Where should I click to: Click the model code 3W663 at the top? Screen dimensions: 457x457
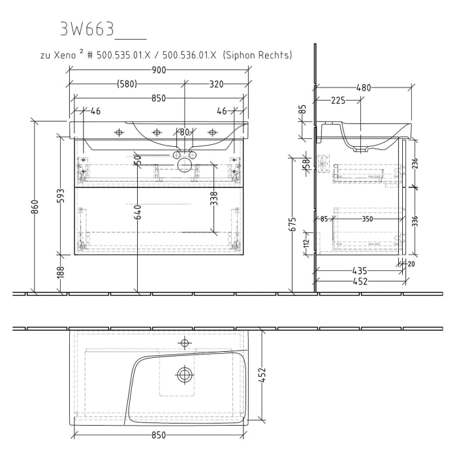(x=87, y=29)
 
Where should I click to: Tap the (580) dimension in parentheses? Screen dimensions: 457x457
(x=127, y=84)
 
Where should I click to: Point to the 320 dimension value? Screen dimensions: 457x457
(x=217, y=84)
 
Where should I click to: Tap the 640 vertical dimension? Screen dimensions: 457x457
(x=138, y=212)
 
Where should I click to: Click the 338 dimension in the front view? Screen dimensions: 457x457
(x=213, y=198)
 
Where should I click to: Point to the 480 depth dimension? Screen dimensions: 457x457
(x=363, y=87)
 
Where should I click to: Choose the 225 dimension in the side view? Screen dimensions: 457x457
(x=338, y=100)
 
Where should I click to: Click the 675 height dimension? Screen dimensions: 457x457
(x=293, y=224)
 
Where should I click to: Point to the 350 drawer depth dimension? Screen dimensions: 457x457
(x=368, y=219)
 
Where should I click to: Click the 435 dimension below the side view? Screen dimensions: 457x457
(x=358, y=270)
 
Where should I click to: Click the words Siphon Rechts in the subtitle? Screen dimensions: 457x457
(x=257, y=55)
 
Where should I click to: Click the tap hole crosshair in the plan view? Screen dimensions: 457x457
(x=185, y=342)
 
